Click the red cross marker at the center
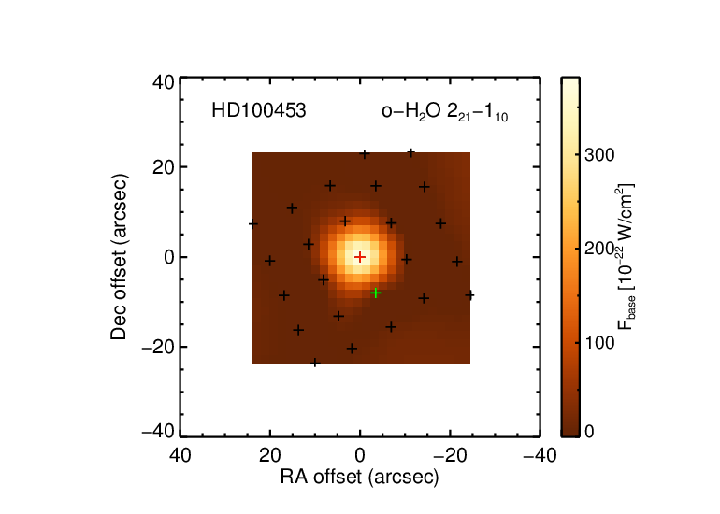[360, 257]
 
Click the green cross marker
[376, 293]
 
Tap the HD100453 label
[258, 111]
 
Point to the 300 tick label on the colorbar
[599, 155]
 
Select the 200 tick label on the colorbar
[599, 249]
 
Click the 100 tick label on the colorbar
[599, 342]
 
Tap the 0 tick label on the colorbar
[589, 432]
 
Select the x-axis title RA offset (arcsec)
[360, 478]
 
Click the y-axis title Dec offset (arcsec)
[119, 257]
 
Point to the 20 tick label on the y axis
[163, 167]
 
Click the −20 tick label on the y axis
[158, 347]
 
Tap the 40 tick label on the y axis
[163, 82]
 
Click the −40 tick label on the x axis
[540, 455]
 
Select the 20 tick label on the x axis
[270, 455]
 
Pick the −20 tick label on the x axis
[450, 455]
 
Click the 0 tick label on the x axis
[360, 455]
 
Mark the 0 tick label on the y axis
[169, 257]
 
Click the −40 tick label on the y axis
[158, 432]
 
